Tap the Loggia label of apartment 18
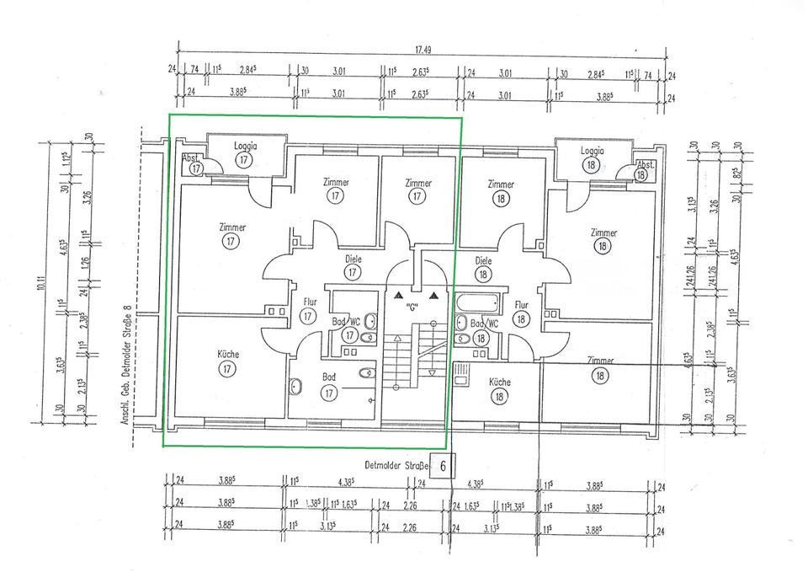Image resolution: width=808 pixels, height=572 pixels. click(x=593, y=151)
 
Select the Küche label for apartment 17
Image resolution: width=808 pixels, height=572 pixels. click(x=227, y=355)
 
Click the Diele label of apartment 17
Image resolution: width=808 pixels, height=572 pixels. click(x=353, y=259)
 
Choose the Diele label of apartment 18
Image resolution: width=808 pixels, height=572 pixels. click(x=483, y=261)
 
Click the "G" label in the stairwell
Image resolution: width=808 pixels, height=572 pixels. click(x=412, y=306)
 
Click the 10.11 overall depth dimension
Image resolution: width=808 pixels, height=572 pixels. click(x=41, y=286)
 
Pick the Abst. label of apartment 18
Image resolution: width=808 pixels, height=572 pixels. click(x=646, y=164)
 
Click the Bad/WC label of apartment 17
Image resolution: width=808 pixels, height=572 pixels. click(x=345, y=322)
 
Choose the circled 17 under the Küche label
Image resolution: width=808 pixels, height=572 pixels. click(x=226, y=369)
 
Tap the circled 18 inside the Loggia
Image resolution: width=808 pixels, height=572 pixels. click(x=593, y=165)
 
